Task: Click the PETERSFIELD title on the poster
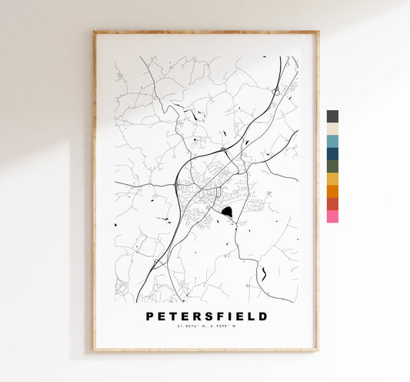pos(206,316)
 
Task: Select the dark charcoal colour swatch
pos(332,116)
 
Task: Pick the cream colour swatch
pos(332,129)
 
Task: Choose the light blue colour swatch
pos(332,141)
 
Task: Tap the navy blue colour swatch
pos(332,153)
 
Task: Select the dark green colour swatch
pos(332,166)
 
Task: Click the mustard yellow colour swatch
pos(332,179)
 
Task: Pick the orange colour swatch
pos(332,191)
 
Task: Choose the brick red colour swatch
pos(332,203)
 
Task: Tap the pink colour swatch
pos(332,216)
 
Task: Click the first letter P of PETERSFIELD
pos(149,316)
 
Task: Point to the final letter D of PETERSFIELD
pos(264,316)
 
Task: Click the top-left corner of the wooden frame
pos(95,32)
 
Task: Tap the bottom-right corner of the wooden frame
pos(318,350)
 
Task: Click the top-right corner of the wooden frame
pos(318,32)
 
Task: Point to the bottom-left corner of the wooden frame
pos(95,350)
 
